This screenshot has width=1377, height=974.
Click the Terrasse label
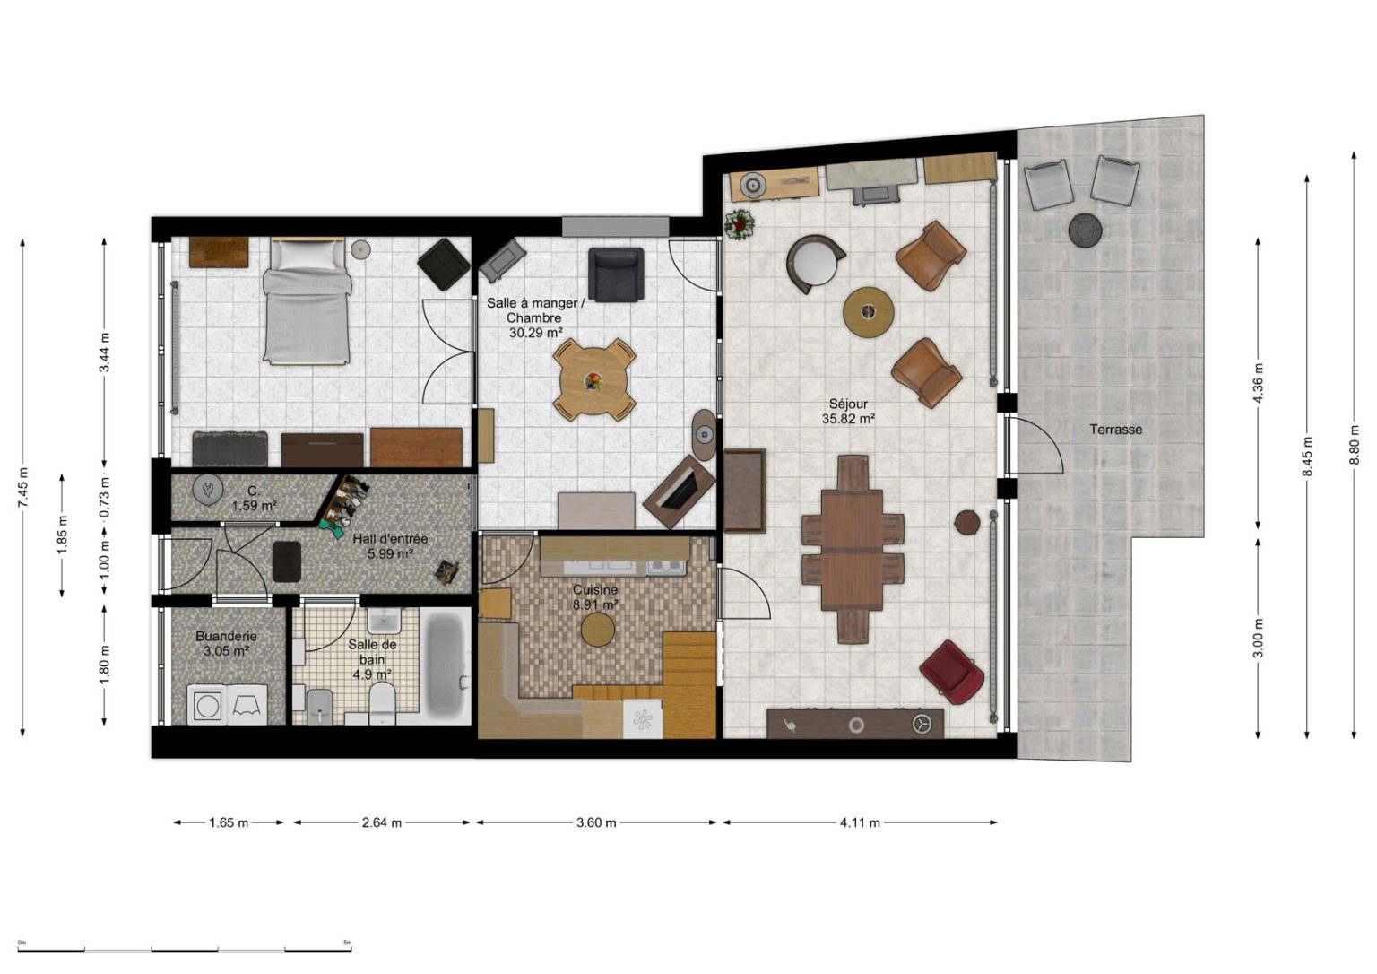(x=1116, y=430)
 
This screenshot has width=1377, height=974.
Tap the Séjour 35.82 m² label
(x=848, y=412)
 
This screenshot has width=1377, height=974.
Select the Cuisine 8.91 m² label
(x=595, y=597)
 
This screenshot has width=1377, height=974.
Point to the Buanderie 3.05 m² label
(x=226, y=644)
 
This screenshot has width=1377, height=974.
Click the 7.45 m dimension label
(x=23, y=488)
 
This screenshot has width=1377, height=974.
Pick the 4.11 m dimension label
(x=860, y=822)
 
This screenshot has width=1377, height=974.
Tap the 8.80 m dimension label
(x=1354, y=445)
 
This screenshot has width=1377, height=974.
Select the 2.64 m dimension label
(x=382, y=822)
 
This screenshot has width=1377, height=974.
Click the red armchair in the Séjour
(x=951, y=672)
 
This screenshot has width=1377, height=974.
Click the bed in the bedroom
(x=307, y=301)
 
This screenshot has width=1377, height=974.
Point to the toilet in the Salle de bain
(x=382, y=703)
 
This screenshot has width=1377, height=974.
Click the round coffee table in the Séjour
(x=868, y=312)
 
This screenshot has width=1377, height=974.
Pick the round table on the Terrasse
(x=1085, y=230)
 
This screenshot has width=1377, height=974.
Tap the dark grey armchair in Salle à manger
(x=615, y=274)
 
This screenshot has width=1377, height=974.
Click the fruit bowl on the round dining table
(x=593, y=381)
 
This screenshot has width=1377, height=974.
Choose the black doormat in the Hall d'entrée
(x=287, y=561)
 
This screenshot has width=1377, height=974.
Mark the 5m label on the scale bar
(x=347, y=942)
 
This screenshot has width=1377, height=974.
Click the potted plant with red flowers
(x=739, y=224)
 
